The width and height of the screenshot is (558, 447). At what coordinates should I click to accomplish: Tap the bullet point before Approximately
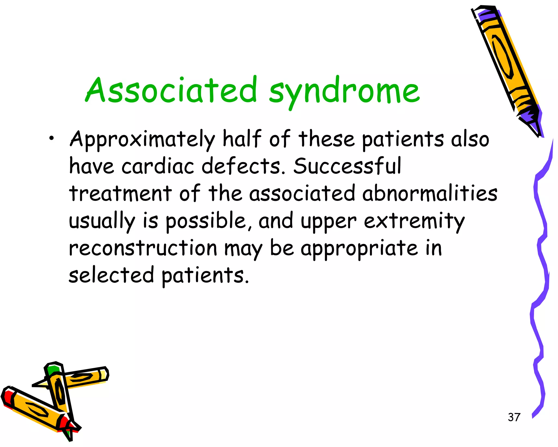tap(51, 139)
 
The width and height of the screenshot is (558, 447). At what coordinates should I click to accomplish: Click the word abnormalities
tap(430, 193)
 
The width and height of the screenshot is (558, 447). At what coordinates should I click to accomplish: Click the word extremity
tap(414, 221)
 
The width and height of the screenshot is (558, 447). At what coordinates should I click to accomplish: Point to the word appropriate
tap(359, 248)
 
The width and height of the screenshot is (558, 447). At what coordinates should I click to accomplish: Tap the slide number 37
tap(514, 417)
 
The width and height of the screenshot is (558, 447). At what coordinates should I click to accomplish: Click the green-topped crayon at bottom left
tap(59, 390)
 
